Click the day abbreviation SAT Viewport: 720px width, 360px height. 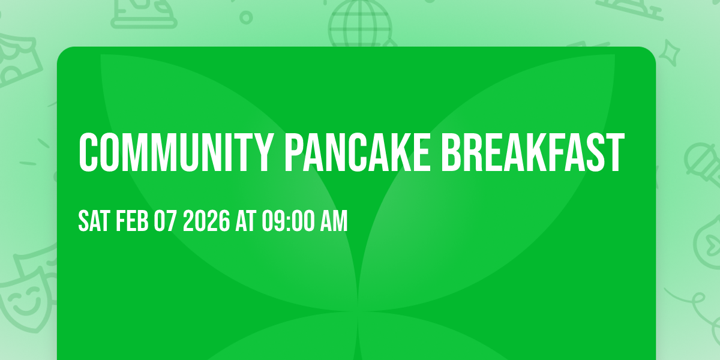(92, 222)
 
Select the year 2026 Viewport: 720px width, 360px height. (206, 222)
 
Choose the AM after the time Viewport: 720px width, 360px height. (334, 222)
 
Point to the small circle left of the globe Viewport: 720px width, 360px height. (246, 17)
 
